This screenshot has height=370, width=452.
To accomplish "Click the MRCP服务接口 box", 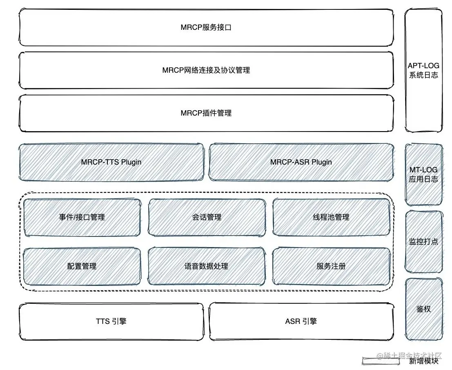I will pyautogui.click(x=206, y=28).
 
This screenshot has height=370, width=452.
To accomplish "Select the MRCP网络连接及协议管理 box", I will pyautogui.click(x=206, y=70).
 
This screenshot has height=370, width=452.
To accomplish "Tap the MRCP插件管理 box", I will pyautogui.click(x=206, y=113).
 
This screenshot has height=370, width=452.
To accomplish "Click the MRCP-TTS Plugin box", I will pyautogui.click(x=111, y=162).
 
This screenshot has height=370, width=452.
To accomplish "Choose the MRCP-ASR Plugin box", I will pyautogui.click(x=301, y=162).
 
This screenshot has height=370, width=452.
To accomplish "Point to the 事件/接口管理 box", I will pyautogui.click(x=82, y=217).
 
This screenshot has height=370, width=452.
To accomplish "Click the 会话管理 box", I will pyautogui.click(x=207, y=217).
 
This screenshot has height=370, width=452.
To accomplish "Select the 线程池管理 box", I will pyautogui.click(x=331, y=217).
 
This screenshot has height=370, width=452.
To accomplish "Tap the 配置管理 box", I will pyautogui.click(x=82, y=266).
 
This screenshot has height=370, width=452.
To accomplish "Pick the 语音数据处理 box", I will pyautogui.click(x=207, y=266).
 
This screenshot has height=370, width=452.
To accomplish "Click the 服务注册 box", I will pyautogui.click(x=331, y=266).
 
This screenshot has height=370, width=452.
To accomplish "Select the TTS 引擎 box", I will pyautogui.click(x=111, y=321).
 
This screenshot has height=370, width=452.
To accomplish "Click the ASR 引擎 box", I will pyautogui.click(x=301, y=321).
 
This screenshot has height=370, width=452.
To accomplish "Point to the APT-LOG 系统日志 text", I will pyautogui.click(x=423, y=70).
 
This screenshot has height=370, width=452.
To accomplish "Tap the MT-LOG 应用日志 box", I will pyautogui.click(x=423, y=174).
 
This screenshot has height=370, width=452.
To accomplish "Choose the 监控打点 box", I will pyautogui.click(x=423, y=241).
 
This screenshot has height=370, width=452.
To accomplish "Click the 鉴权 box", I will pyautogui.click(x=423, y=309).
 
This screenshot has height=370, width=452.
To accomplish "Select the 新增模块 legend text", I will pyautogui.click(x=424, y=361).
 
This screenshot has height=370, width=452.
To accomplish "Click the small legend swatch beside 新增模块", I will pyautogui.click(x=374, y=361).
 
